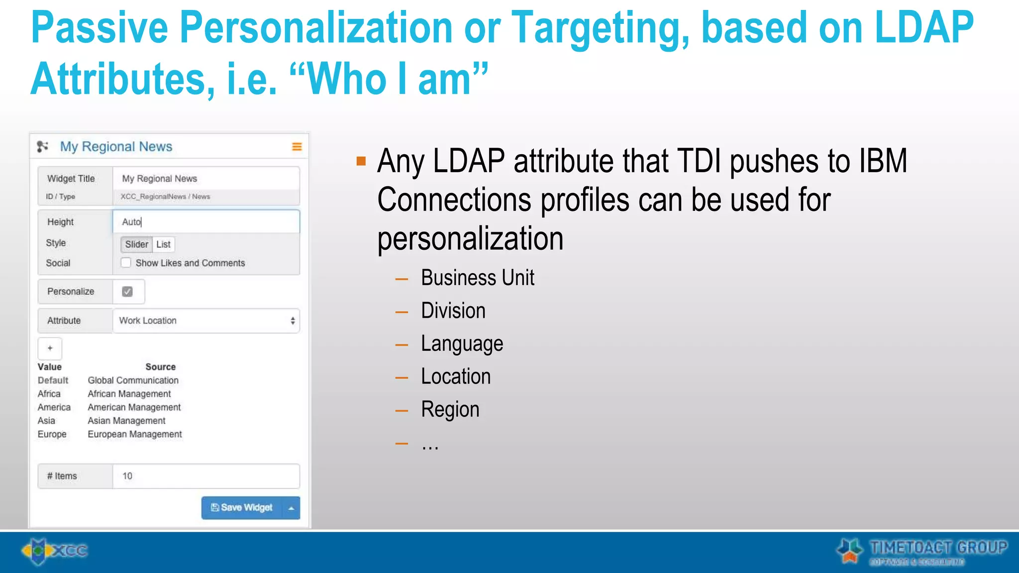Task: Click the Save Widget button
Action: pyautogui.click(x=242, y=507)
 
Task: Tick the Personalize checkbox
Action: pyautogui.click(x=127, y=291)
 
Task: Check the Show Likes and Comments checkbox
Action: pyautogui.click(x=126, y=263)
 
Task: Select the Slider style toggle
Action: pyautogui.click(x=136, y=244)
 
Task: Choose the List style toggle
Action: pyautogui.click(x=163, y=244)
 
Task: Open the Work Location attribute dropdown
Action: pyautogui.click(x=206, y=321)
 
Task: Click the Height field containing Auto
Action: pyautogui.click(x=206, y=222)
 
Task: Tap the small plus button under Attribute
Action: pyautogui.click(x=50, y=348)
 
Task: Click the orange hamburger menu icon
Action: pyautogui.click(x=297, y=146)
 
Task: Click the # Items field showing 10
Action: pyautogui.click(x=206, y=476)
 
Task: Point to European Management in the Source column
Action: pyautogui.click(x=135, y=434)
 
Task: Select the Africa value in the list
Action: pyautogui.click(x=49, y=394)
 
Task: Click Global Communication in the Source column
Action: pyautogui.click(x=133, y=381)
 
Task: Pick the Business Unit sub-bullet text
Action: pyautogui.click(x=477, y=278)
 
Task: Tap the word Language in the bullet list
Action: pyautogui.click(x=462, y=344)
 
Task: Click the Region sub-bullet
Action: pyautogui.click(x=450, y=409)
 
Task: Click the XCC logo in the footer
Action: pyautogui.click(x=55, y=551)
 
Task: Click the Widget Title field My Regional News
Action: pyautogui.click(x=206, y=179)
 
